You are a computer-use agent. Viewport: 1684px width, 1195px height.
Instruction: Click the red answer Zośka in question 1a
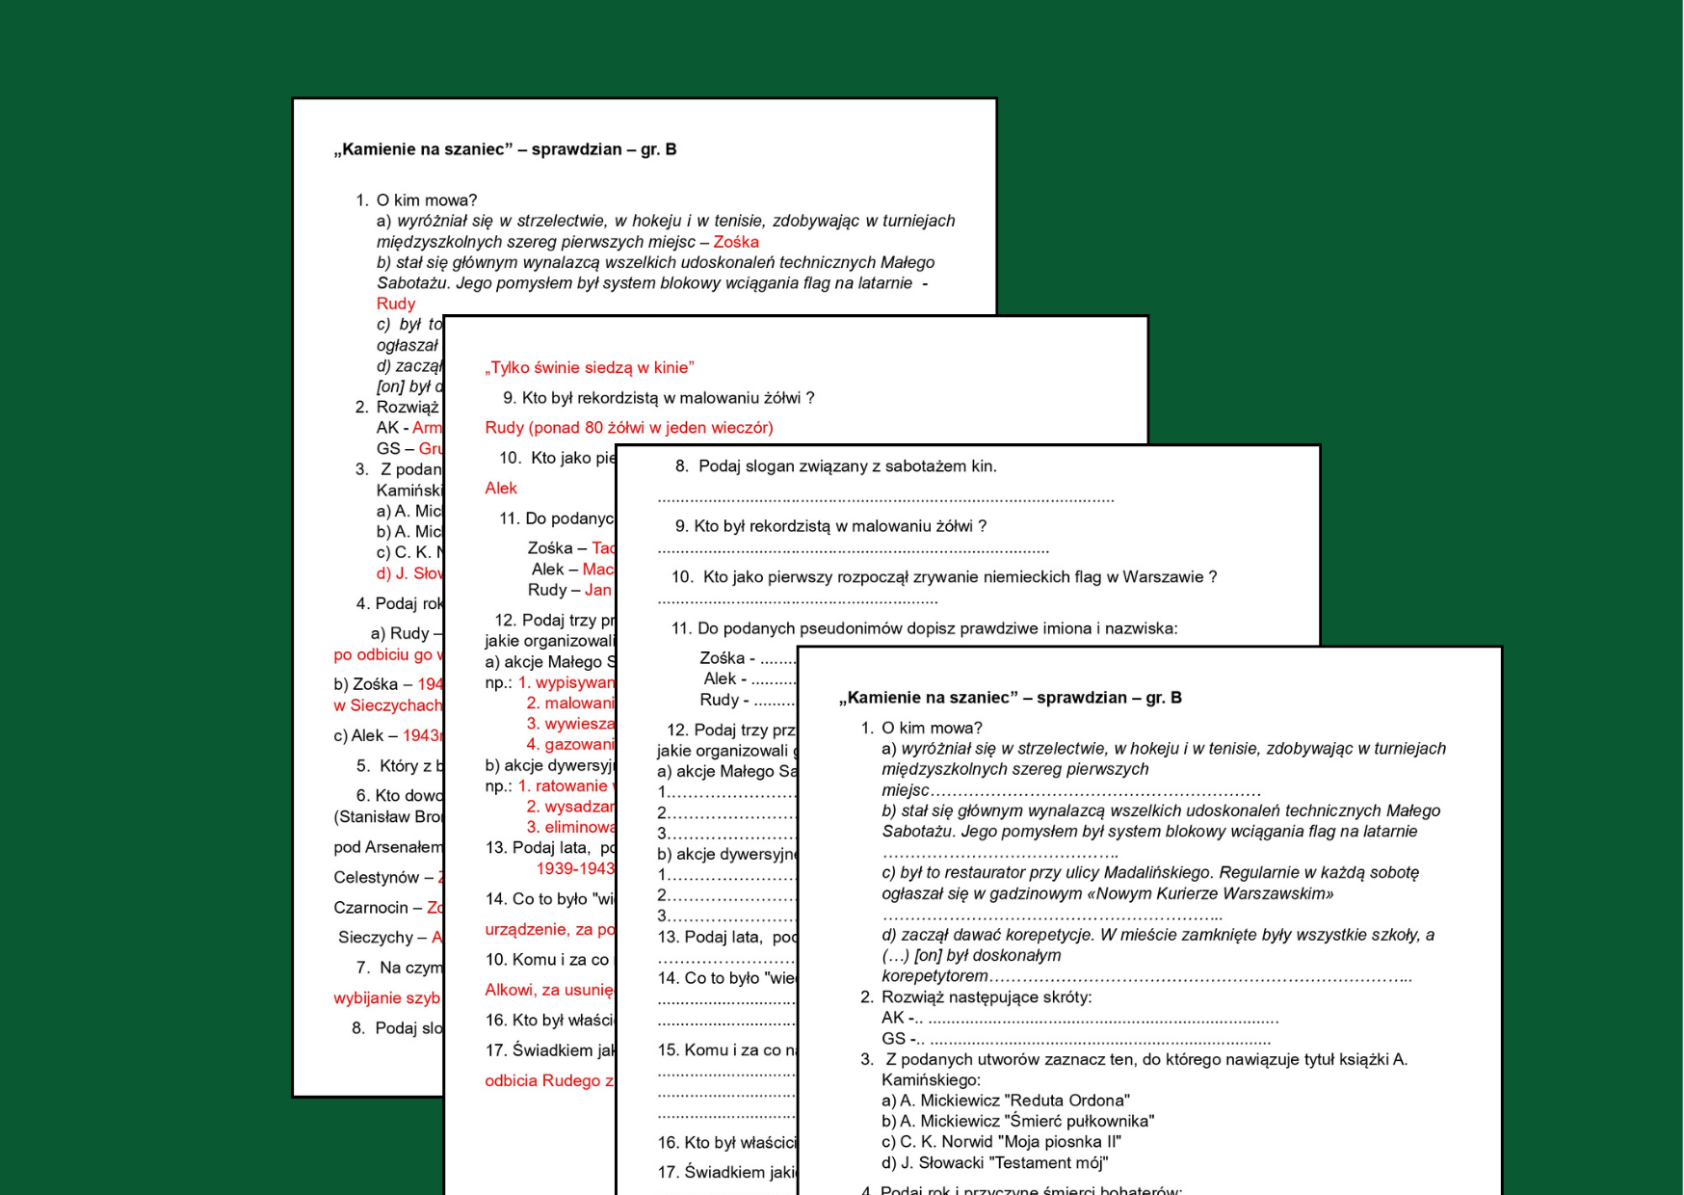[736, 242]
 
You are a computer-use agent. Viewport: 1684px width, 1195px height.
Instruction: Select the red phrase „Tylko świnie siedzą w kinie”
[590, 367]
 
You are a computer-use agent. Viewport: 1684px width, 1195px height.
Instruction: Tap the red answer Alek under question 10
[501, 489]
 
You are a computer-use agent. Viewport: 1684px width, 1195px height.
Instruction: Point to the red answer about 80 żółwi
[629, 428]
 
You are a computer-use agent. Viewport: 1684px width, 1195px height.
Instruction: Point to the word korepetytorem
[934, 976]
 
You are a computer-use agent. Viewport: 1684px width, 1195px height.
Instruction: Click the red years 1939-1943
[575, 869]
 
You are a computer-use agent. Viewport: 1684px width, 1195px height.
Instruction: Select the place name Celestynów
[377, 878]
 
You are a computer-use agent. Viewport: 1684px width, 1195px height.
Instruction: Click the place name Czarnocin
[371, 908]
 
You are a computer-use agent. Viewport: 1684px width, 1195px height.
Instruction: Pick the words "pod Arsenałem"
[387, 847]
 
